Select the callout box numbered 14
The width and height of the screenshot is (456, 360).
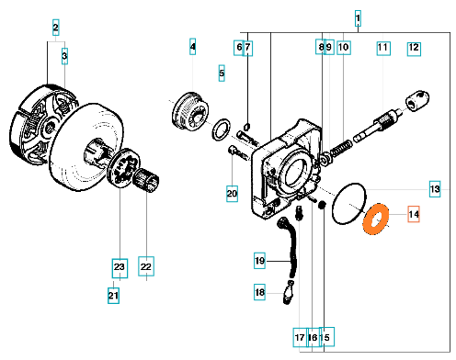point(414,214)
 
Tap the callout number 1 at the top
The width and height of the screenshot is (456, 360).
point(358,18)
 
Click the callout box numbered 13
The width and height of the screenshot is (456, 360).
point(435,189)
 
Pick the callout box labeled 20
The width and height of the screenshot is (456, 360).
point(232,194)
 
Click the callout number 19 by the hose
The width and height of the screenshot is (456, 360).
point(259,261)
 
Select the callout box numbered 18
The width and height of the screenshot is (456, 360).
point(259,292)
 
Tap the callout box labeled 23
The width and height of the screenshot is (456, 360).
point(120,268)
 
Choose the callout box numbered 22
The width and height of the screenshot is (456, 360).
point(146,266)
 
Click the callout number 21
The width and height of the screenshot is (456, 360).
point(113,296)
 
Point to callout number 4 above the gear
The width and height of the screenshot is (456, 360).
point(192,47)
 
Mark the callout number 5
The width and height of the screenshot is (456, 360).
point(222,73)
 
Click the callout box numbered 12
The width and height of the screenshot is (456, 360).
point(414,49)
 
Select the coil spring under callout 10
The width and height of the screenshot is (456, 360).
point(340,149)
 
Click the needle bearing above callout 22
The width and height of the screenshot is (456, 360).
point(146,181)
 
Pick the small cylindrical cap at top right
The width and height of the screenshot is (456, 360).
point(417,100)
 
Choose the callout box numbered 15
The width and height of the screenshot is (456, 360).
point(326,337)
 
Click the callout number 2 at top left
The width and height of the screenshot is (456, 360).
point(55,27)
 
